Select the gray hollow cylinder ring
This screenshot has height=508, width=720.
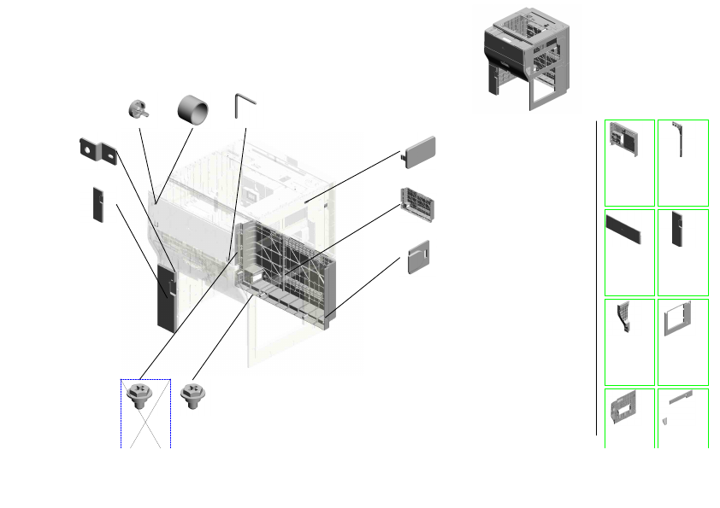193,108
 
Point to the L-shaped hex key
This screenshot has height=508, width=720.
244,107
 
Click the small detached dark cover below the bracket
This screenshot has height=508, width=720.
98,203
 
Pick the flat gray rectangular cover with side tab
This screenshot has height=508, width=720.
420,151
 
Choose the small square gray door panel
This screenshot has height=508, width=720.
417,257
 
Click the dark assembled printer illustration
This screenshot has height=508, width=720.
523,59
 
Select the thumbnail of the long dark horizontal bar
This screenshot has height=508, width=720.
629,231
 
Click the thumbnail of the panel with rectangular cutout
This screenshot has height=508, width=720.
628,408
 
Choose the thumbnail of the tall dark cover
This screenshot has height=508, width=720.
680,227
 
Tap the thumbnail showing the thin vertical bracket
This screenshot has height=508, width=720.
682,138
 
